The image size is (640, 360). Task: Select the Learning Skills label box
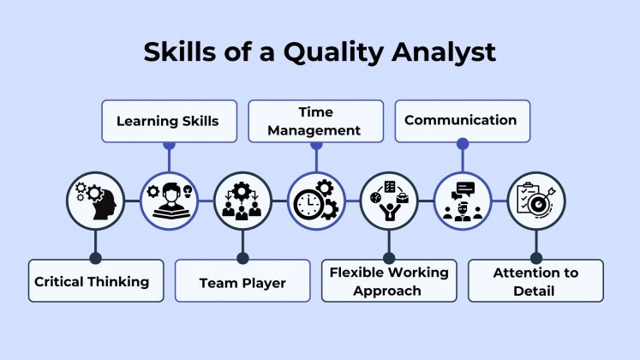point(167,121)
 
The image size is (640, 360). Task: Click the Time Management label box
point(316,121)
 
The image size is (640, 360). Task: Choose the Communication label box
point(461,121)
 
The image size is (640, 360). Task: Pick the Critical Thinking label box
point(95,280)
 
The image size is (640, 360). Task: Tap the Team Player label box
point(242,281)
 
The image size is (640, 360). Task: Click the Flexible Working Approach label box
point(389,281)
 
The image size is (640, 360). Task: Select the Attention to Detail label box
point(535,281)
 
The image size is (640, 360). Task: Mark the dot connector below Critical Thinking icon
point(95,257)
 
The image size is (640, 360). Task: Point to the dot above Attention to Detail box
point(535,257)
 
